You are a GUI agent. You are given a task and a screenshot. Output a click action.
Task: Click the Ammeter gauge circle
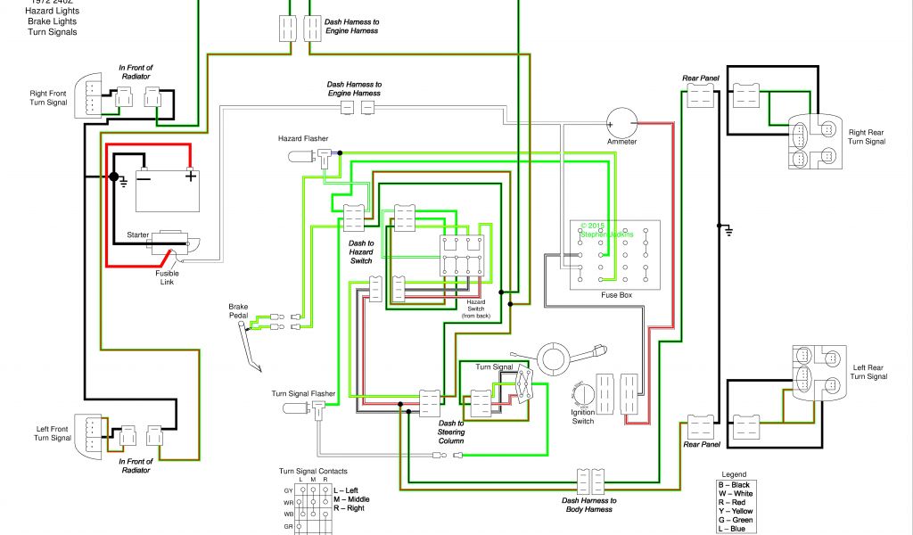click(622, 122)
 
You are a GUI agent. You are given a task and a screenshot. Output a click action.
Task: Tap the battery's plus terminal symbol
click(190, 176)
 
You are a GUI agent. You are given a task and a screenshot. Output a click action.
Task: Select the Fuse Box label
click(615, 295)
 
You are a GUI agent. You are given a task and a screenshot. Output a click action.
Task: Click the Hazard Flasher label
click(303, 139)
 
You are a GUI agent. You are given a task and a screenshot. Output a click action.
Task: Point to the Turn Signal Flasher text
click(303, 393)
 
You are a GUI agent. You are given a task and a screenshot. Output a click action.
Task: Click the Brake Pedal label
click(238, 311)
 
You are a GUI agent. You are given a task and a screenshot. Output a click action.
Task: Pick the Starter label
click(137, 235)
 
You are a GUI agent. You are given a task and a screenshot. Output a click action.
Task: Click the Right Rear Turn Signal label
click(867, 136)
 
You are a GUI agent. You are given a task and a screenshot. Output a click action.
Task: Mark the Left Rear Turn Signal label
click(868, 372)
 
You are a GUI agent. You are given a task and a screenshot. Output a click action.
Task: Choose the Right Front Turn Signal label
click(48, 97)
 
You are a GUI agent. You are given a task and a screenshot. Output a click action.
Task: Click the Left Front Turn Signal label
click(53, 433)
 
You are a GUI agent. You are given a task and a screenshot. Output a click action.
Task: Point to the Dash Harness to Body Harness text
click(588, 506)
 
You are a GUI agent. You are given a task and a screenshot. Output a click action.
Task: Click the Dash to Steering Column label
click(450, 432)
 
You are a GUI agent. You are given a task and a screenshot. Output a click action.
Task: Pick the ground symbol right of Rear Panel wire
click(728, 231)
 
